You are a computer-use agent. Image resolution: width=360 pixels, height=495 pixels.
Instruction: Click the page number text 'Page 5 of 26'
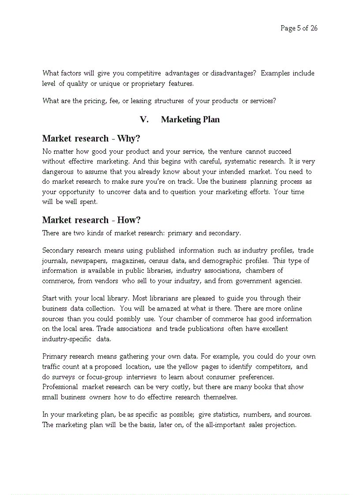pos(299,28)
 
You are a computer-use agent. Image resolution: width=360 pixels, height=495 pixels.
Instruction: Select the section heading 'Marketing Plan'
pos(190,119)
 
